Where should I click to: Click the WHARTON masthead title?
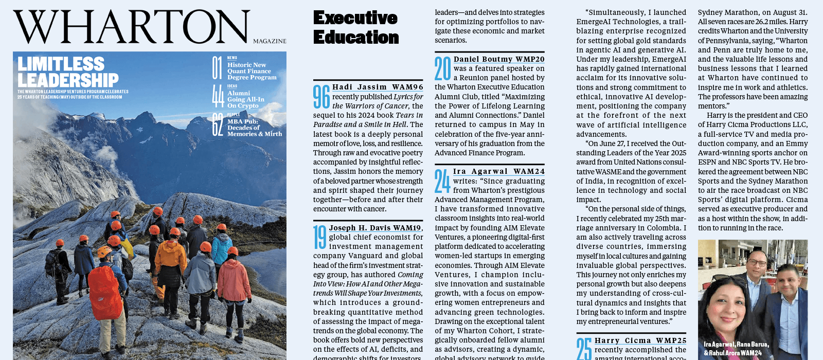[x=132, y=27]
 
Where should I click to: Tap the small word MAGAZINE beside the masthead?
[x=270, y=41]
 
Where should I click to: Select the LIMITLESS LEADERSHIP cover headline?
[x=68, y=72]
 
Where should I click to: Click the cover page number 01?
[x=217, y=68]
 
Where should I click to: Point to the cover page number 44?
[x=218, y=96]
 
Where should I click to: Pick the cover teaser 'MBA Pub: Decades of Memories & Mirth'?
[x=255, y=128]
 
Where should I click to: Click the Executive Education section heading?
[x=356, y=28]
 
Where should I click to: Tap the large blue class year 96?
[x=321, y=96]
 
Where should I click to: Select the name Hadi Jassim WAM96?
[x=378, y=87]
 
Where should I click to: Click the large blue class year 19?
[x=320, y=237]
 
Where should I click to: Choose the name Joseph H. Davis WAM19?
[x=375, y=228]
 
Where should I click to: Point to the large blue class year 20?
[x=442, y=68]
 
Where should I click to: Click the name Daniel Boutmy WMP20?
[x=498, y=59]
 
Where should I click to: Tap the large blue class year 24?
[x=442, y=181]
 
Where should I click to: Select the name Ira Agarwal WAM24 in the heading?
[x=498, y=171]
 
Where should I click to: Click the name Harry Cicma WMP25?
[x=640, y=340]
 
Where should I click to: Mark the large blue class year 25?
[x=584, y=349]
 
